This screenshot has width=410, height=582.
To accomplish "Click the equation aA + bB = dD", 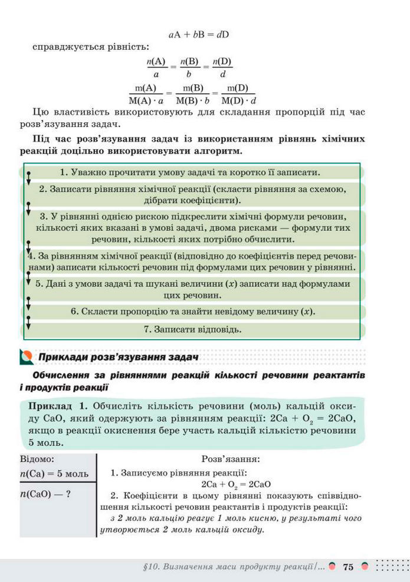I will coord(198,34).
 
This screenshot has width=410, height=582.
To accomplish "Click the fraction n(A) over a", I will coord(156,68).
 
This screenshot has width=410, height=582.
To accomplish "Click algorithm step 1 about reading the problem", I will coord(190,172).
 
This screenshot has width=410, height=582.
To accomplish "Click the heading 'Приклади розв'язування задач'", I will coord(118,357).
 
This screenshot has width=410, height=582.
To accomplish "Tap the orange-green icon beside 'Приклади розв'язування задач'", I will coord(26,357).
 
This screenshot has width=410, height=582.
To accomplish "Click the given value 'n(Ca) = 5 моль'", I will coord(54,474).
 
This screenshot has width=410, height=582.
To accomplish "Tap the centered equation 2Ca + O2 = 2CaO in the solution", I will coord(228,484).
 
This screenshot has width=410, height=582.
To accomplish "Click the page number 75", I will coord(347,567).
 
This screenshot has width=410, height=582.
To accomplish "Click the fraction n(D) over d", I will coord(222,68).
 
